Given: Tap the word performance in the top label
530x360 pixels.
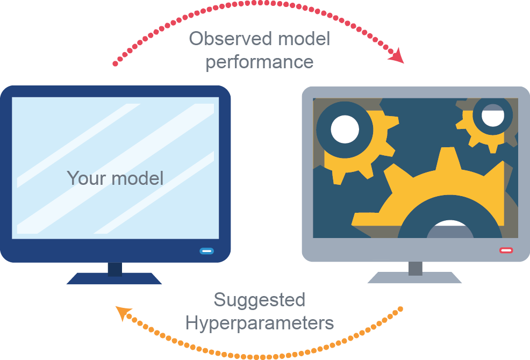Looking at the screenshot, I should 259,62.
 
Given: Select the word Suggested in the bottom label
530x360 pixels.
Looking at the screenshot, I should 259,300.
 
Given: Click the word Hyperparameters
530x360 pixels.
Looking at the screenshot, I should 259,323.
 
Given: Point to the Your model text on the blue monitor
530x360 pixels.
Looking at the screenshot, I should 115,177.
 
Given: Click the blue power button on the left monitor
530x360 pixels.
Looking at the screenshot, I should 206,250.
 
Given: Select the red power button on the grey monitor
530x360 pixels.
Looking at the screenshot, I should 506,250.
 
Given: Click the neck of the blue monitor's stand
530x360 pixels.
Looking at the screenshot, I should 115,269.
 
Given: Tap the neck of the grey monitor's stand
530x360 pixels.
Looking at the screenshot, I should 415,268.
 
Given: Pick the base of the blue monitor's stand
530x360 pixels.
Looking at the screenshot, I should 114,278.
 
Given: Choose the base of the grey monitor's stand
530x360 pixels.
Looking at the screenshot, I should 415,278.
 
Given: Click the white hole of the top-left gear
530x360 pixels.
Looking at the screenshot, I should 345,129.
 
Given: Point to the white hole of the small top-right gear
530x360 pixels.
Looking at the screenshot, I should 492,115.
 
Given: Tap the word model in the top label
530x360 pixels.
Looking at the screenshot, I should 304,39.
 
